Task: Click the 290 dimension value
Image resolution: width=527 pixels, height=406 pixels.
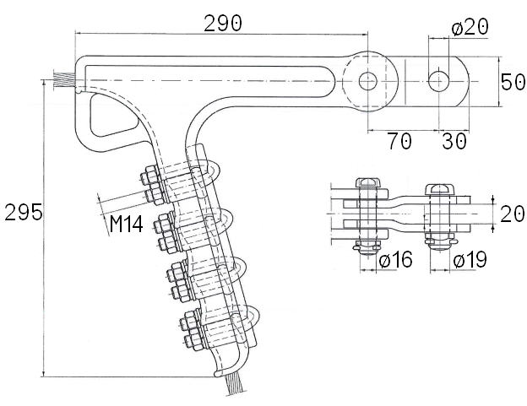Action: [223, 24]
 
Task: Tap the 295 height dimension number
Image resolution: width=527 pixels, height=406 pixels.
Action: [24, 212]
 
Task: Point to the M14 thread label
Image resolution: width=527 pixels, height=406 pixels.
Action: [127, 224]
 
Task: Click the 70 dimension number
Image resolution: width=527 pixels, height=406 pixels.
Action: [399, 141]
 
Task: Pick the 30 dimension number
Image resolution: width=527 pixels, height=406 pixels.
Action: [454, 141]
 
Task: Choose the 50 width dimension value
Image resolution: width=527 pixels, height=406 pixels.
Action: [513, 82]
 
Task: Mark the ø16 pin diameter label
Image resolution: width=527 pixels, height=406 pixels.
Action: [395, 259]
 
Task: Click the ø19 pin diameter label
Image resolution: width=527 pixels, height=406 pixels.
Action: [470, 259]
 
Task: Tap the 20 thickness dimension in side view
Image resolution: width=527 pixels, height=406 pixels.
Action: [512, 214]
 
